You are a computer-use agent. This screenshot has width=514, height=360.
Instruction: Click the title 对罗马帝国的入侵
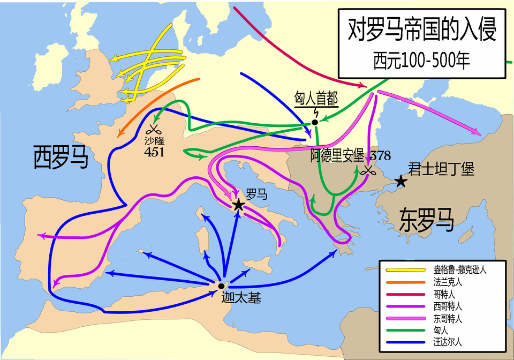tap(422, 30)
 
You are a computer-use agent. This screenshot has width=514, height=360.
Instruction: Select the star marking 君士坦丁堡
tap(400, 182)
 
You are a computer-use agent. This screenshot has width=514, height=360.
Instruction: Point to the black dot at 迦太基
tap(221, 286)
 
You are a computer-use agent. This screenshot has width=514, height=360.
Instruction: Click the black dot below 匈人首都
tap(315, 122)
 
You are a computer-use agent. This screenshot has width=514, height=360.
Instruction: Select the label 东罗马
tap(426, 219)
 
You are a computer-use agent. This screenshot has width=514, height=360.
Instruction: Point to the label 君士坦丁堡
tap(441, 169)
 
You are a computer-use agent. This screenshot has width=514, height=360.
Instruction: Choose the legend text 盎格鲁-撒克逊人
tap(459, 269)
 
